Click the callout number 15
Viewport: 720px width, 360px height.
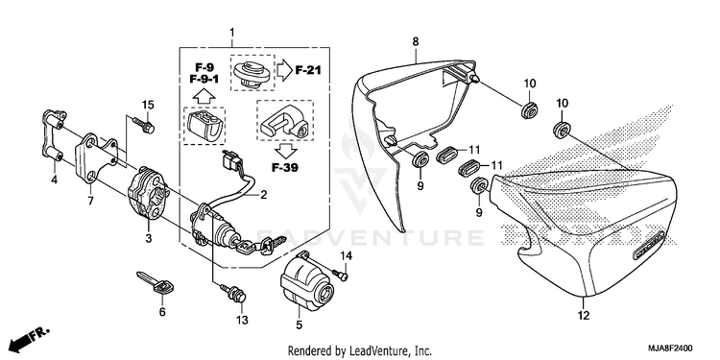[x=148, y=106]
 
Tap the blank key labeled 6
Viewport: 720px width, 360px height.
[x=156, y=283]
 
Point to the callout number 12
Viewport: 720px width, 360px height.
[x=583, y=316]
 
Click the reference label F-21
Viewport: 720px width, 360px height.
[x=308, y=70]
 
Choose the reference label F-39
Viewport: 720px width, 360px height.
[x=285, y=168]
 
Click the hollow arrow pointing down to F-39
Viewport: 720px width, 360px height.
[x=285, y=150]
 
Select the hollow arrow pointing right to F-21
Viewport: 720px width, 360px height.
[x=285, y=70]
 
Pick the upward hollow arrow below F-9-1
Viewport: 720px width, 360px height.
[x=204, y=96]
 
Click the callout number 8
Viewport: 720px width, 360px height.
[x=415, y=42]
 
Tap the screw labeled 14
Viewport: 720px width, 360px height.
[x=342, y=275]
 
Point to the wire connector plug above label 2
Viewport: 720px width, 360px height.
[x=228, y=160]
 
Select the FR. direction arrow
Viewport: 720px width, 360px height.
[x=28, y=338]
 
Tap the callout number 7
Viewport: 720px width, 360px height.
[x=90, y=201]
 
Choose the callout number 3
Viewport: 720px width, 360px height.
[x=148, y=238]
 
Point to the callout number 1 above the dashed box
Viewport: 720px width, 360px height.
[x=232, y=32]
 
